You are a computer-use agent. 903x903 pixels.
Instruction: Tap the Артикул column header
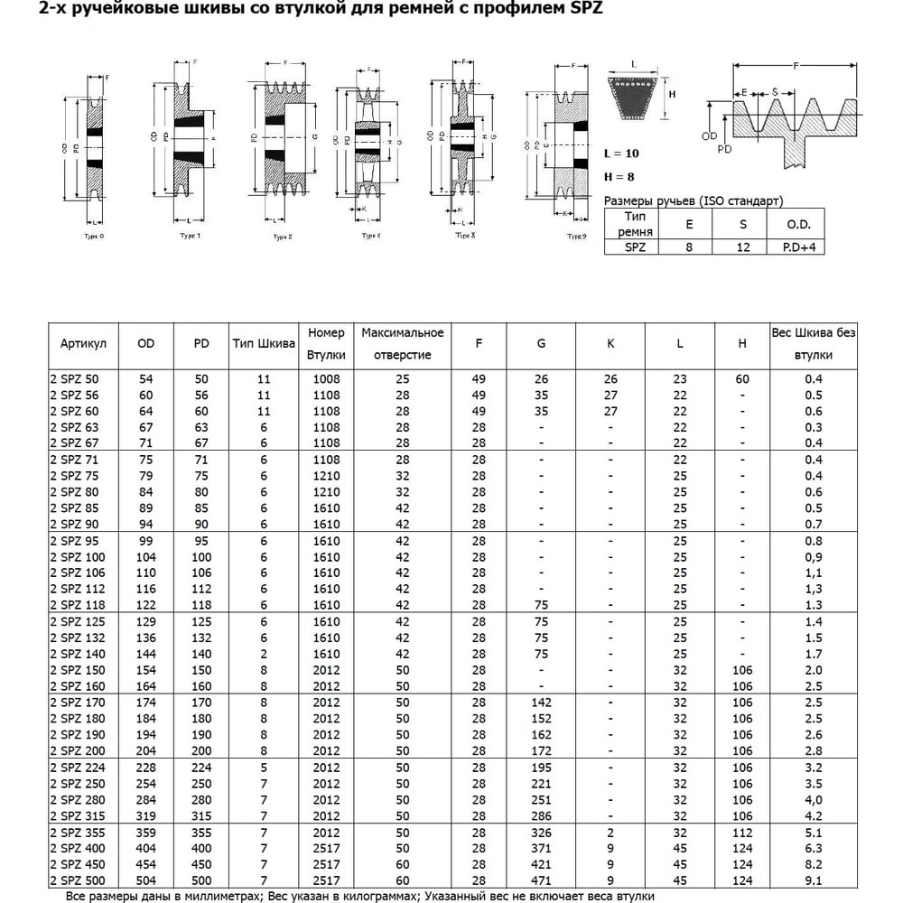(x=84, y=344)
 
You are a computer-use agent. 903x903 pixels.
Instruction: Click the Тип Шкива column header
(x=264, y=344)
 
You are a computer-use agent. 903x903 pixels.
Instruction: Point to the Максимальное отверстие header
(x=403, y=344)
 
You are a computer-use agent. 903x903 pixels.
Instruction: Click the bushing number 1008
(x=327, y=379)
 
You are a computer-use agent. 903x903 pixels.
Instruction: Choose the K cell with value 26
(x=610, y=379)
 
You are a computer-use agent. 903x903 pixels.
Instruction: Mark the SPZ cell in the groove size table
(x=632, y=246)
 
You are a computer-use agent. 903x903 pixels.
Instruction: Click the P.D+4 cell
(x=797, y=246)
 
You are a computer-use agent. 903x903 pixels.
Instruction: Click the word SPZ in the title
(x=584, y=10)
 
